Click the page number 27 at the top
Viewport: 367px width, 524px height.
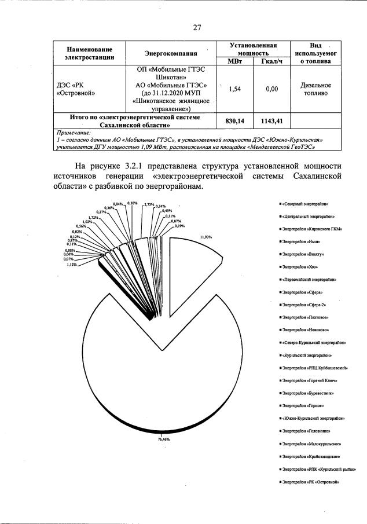click(197, 27)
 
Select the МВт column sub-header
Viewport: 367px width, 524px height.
click(234, 61)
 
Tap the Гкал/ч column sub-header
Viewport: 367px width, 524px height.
click(271, 61)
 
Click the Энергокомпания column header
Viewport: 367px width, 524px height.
click(171, 53)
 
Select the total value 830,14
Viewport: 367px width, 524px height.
click(234, 120)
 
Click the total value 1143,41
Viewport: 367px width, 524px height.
click(271, 120)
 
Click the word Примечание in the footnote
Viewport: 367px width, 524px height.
click(76, 133)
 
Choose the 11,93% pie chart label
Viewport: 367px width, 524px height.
click(206, 237)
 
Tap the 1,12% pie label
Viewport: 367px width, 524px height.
click(72, 264)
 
